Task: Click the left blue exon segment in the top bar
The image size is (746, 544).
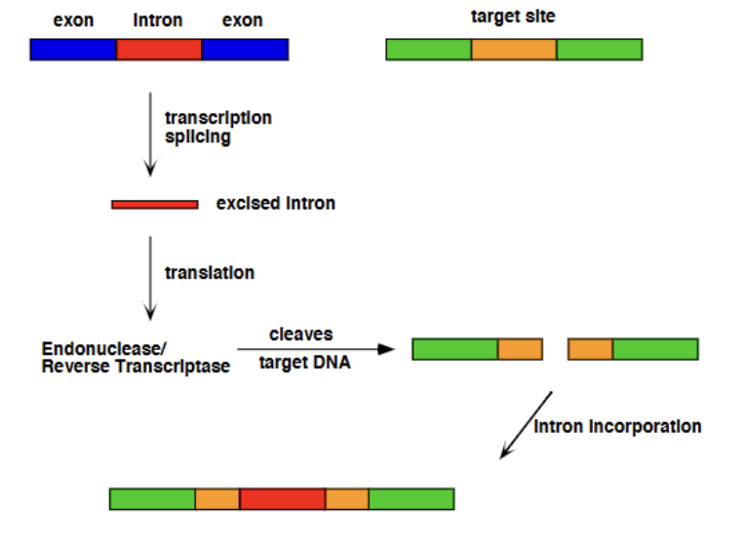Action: (73, 50)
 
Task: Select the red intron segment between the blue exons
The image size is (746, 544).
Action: (159, 50)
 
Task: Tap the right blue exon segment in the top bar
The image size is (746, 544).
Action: (245, 50)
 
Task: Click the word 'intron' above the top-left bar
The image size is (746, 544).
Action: (158, 20)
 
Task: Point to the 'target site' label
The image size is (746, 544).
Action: (513, 17)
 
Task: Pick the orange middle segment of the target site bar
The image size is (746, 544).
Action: (514, 50)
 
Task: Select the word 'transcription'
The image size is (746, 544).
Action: (218, 118)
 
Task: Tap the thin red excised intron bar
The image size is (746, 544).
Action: (155, 205)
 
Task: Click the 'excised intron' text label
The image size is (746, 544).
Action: (276, 204)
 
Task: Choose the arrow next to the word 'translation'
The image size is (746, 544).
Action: (150, 277)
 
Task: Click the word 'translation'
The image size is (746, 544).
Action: (210, 273)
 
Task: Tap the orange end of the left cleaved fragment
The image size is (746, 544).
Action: (520, 349)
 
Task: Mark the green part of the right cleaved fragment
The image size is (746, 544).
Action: (655, 349)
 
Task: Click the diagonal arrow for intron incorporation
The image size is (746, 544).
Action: (527, 425)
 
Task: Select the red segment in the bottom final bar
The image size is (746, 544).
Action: (282, 499)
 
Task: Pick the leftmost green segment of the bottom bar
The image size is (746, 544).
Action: (152, 499)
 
